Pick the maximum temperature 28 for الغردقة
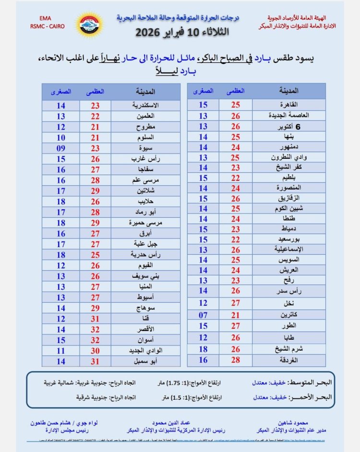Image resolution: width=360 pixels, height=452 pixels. tap(236, 359)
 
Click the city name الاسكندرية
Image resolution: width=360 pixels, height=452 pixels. tap(145, 105)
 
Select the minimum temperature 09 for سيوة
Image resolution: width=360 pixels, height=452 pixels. tap(61, 148)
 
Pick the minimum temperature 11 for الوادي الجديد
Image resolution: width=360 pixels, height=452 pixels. tap(61, 350)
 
